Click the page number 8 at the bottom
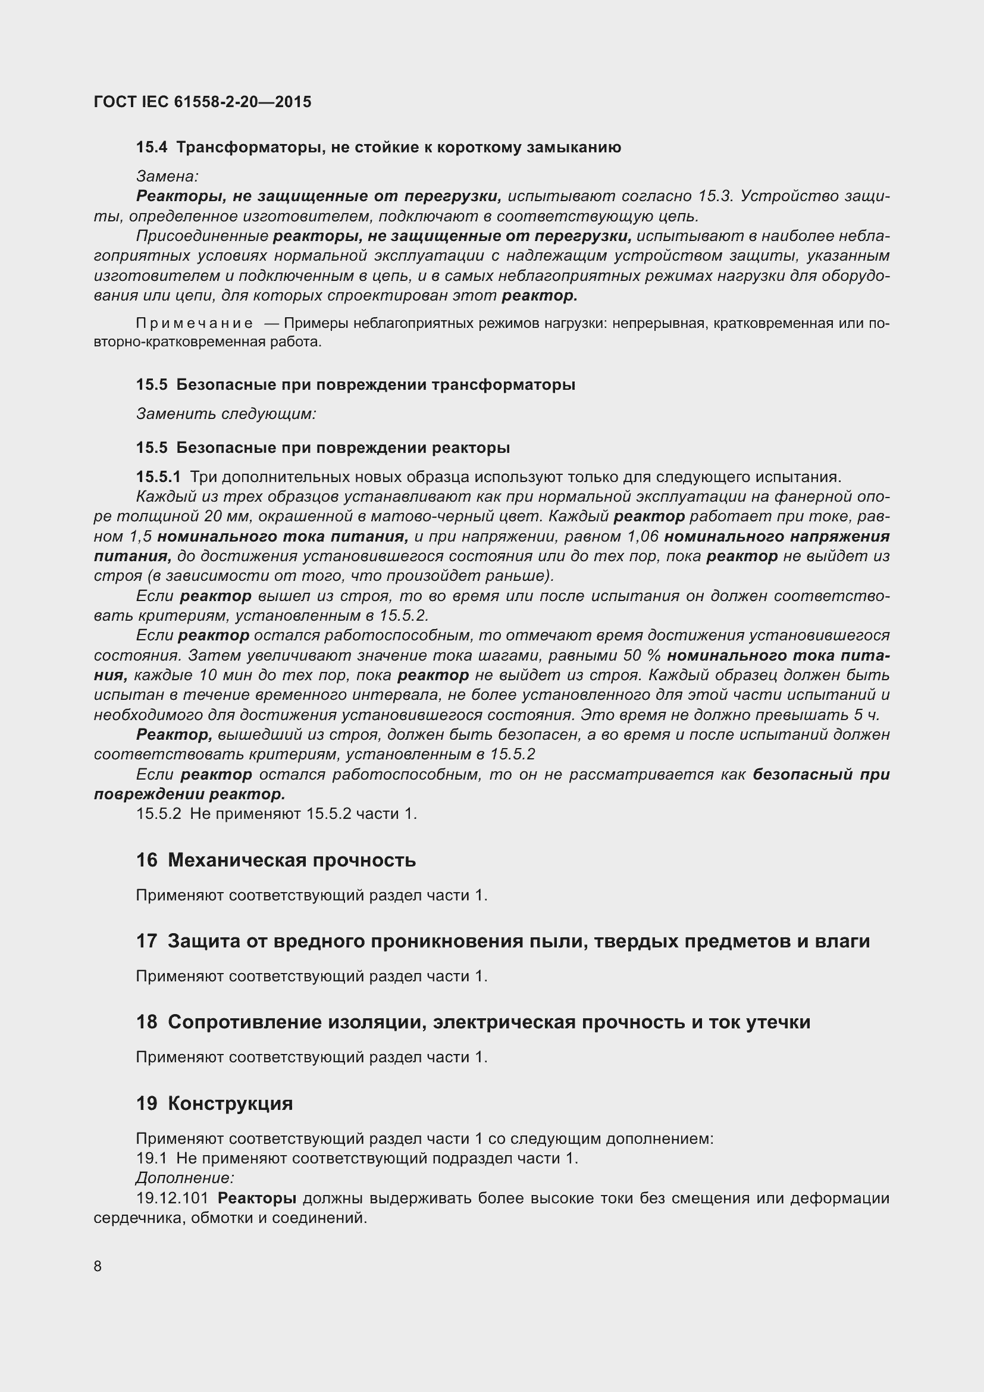click(x=98, y=1266)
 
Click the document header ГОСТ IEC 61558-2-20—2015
click(x=202, y=102)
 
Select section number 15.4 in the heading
click(x=151, y=148)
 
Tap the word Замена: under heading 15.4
click(x=167, y=176)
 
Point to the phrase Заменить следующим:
click(x=226, y=414)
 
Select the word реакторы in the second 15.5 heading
click(x=471, y=448)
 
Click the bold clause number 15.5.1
click(x=158, y=477)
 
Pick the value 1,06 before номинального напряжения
click(x=642, y=537)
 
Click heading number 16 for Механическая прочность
click(x=146, y=861)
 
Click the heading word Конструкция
click(x=230, y=1103)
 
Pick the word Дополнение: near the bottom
click(x=185, y=1178)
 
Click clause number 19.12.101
click(x=172, y=1199)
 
